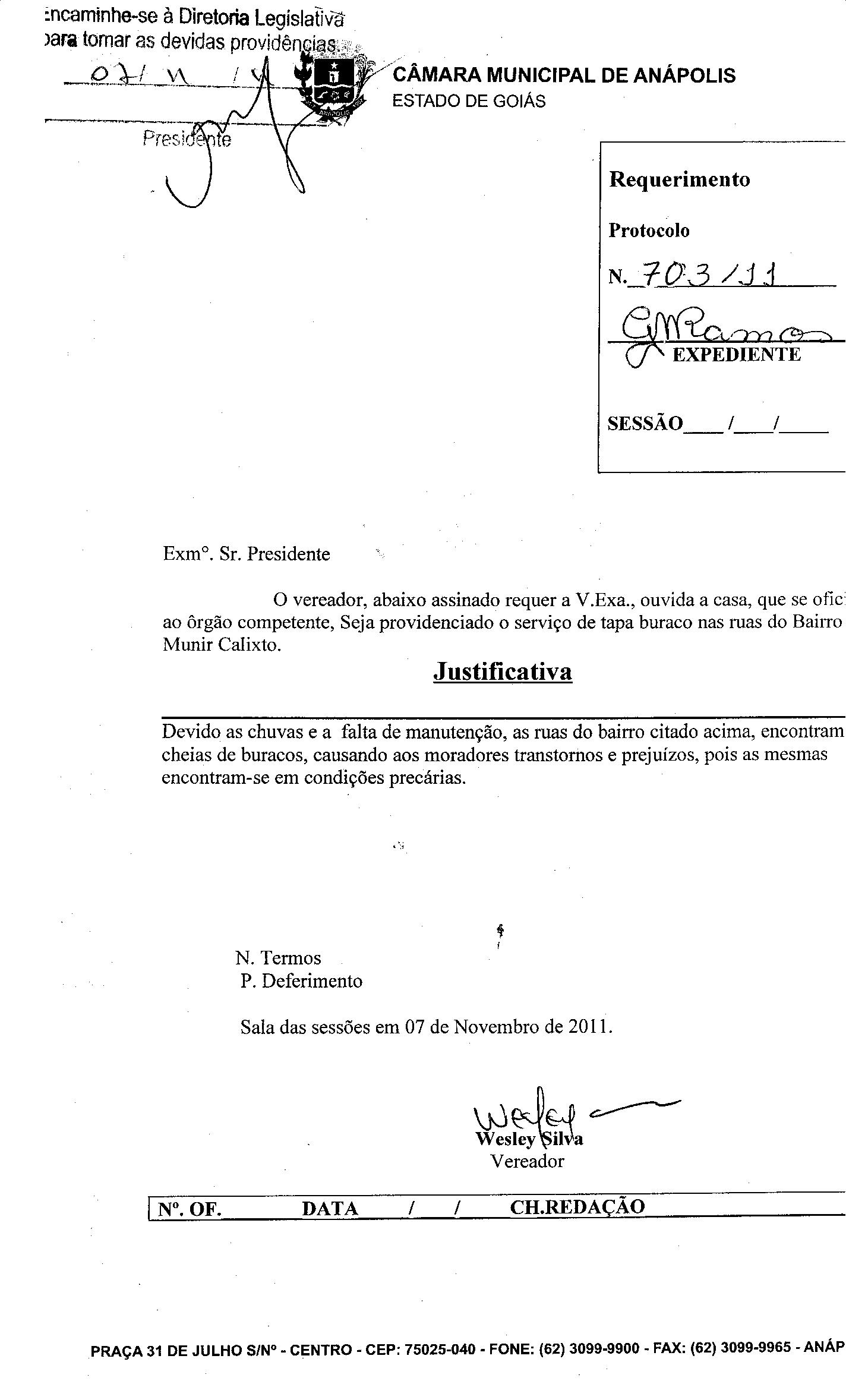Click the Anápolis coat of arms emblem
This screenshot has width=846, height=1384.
(x=333, y=89)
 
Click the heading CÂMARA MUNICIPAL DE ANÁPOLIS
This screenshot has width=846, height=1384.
(x=564, y=75)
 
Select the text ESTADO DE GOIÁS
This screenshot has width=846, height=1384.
(x=469, y=102)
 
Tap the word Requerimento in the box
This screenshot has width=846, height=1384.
(x=679, y=179)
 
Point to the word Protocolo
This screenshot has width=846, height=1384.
(x=649, y=231)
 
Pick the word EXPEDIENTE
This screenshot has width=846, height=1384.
(x=736, y=355)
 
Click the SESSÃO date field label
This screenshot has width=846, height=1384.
(x=645, y=423)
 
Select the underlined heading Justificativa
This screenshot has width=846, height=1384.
(x=503, y=671)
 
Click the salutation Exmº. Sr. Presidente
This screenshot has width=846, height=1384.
(x=247, y=554)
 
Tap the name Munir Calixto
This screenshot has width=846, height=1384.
(x=220, y=645)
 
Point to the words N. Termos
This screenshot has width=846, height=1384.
(x=278, y=958)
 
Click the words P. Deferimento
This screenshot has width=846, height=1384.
(x=301, y=981)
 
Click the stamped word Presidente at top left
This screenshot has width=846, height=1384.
(x=187, y=140)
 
